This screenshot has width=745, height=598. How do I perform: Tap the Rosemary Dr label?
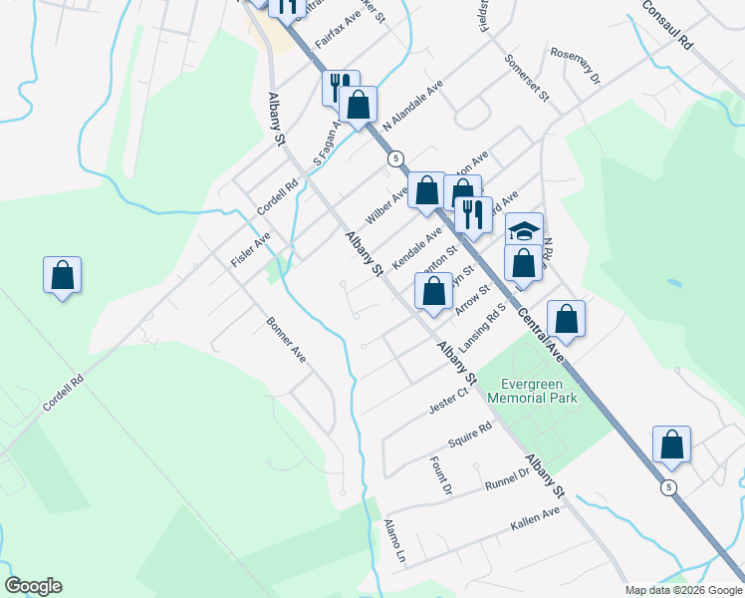576,65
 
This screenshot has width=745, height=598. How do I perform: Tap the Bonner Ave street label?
286,341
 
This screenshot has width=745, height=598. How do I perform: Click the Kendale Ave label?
416,250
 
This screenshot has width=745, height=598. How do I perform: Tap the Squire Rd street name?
470,435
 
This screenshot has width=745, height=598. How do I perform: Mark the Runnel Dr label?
507,480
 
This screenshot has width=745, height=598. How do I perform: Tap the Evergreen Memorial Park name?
532,390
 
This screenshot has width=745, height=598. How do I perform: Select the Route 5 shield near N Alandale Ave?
395,158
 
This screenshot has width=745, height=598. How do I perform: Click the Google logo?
33,586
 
